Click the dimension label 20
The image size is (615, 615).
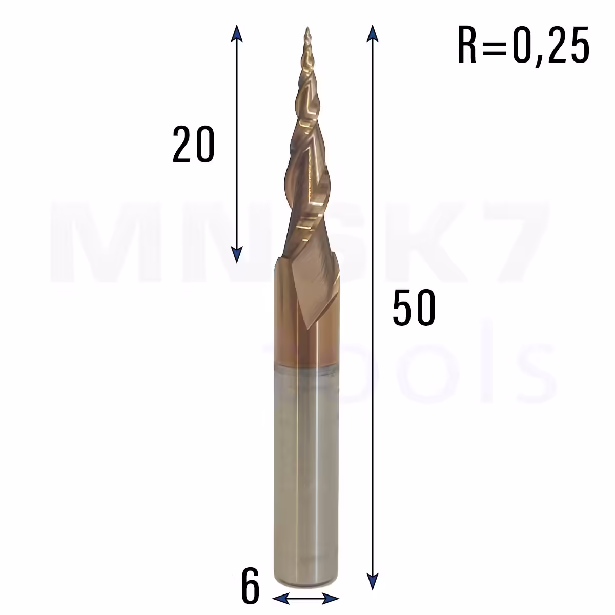[193, 143]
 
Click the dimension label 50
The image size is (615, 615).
[414, 307]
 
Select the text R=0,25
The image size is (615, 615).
[523, 46]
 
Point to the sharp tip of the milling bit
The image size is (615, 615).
[307, 28]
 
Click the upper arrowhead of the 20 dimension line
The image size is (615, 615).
[236, 33]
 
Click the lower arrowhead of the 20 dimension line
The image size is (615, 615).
[236, 255]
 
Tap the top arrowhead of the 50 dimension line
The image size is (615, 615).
[372, 33]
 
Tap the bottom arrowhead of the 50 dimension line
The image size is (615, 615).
[372, 582]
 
